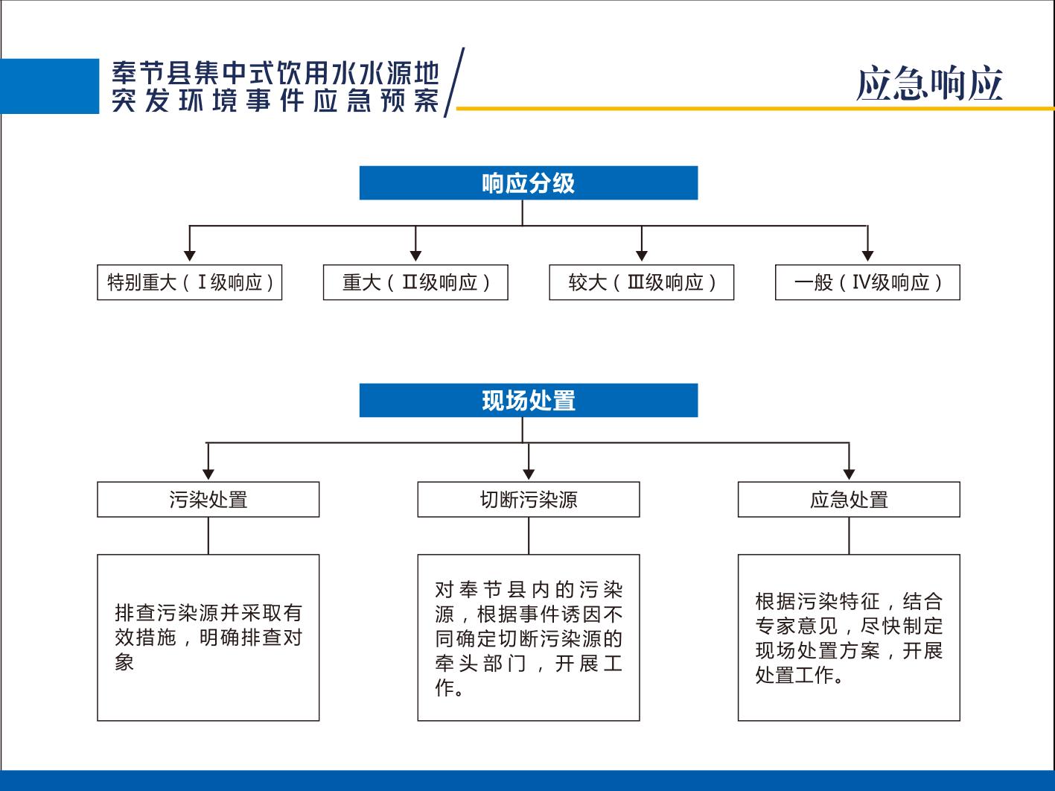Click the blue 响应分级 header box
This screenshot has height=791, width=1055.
(528, 182)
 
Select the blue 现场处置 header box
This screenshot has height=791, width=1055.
(528, 400)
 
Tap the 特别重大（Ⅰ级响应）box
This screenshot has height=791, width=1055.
(189, 282)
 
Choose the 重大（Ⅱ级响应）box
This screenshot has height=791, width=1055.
(415, 282)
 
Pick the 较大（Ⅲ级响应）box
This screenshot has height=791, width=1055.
(642, 282)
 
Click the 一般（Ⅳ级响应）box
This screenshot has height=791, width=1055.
(867, 282)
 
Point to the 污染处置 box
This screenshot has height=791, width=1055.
(208, 500)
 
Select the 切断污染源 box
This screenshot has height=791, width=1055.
(528, 500)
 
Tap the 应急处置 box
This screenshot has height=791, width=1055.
(849, 500)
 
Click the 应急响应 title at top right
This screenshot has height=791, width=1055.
(929, 83)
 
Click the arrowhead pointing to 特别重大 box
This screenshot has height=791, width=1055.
(189, 255)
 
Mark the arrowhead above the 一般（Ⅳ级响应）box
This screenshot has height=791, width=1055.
(867, 255)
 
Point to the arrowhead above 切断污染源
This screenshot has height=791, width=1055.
(528, 474)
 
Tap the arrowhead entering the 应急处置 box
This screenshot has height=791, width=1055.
(849, 474)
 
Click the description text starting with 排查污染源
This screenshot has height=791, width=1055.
(208, 637)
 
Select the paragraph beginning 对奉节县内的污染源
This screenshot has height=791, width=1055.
(528, 638)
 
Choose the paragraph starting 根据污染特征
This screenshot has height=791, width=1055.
(849, 638)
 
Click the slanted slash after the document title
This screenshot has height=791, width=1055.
(454, 82)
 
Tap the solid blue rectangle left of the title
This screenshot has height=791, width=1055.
(49, 86)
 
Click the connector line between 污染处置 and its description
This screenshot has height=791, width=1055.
(208, 536)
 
